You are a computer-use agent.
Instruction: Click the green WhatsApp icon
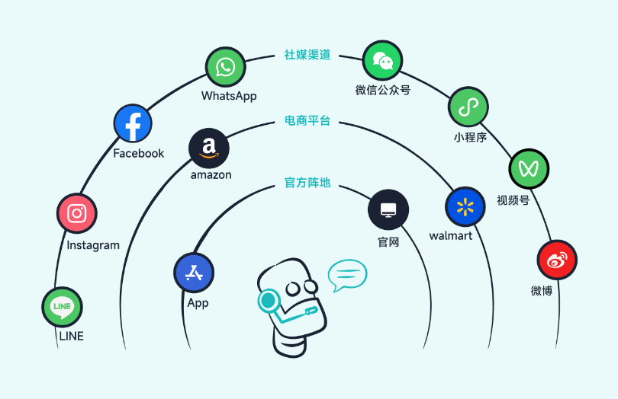click(x=225, y=68)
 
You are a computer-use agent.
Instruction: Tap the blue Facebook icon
click(x=133, y=123)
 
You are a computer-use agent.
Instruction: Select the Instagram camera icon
click(x=76, y=213)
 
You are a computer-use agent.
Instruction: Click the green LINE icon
click(x=62, y=307)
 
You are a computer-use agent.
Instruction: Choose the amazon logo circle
click(x=209, y=147)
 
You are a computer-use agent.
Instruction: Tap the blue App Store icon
click(x=194, y=273)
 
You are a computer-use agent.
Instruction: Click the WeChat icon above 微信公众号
click(x=382, y=62)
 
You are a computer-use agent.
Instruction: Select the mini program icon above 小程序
click(x=468, y=107)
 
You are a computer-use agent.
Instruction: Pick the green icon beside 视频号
click(x=529, y=168)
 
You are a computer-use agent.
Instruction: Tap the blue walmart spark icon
click(x=465, y=207)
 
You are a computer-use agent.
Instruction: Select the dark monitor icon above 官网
click(x=388, y=210)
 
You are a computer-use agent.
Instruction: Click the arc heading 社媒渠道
click(x=307, y=55)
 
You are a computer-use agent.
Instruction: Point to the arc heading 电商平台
click(x=307, y=120)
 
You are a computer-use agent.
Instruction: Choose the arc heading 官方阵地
click(x=307, y=183)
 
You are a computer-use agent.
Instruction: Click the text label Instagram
click(x=93, y=245)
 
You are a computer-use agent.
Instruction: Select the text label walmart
click(x=451, y=236)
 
